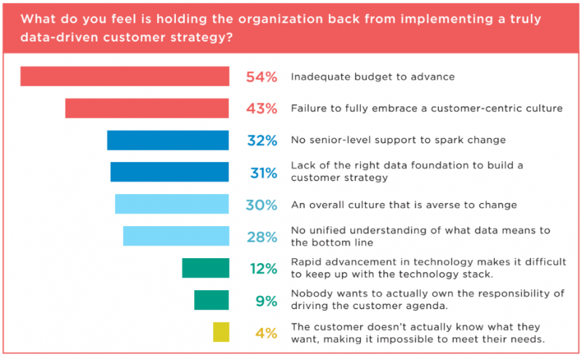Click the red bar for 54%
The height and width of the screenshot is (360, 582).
(124, 76)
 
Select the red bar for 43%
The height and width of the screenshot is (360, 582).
(147, 108)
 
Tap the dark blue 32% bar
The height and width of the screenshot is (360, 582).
(168, 140)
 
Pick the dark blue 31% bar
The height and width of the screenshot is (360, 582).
(170, 172)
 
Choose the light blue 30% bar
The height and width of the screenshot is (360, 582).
(172, 204)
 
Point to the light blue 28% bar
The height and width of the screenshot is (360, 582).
(176, 236)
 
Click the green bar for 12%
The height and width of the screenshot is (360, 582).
(205, 268)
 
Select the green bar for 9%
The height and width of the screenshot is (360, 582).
(212, 300)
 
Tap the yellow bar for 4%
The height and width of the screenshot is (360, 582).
(221, 332)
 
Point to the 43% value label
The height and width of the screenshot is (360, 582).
(261, 109)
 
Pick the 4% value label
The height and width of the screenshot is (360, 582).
(266, 333)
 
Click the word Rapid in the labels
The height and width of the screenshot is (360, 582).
(306, 262)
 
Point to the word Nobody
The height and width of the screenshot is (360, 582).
(311, 294)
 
